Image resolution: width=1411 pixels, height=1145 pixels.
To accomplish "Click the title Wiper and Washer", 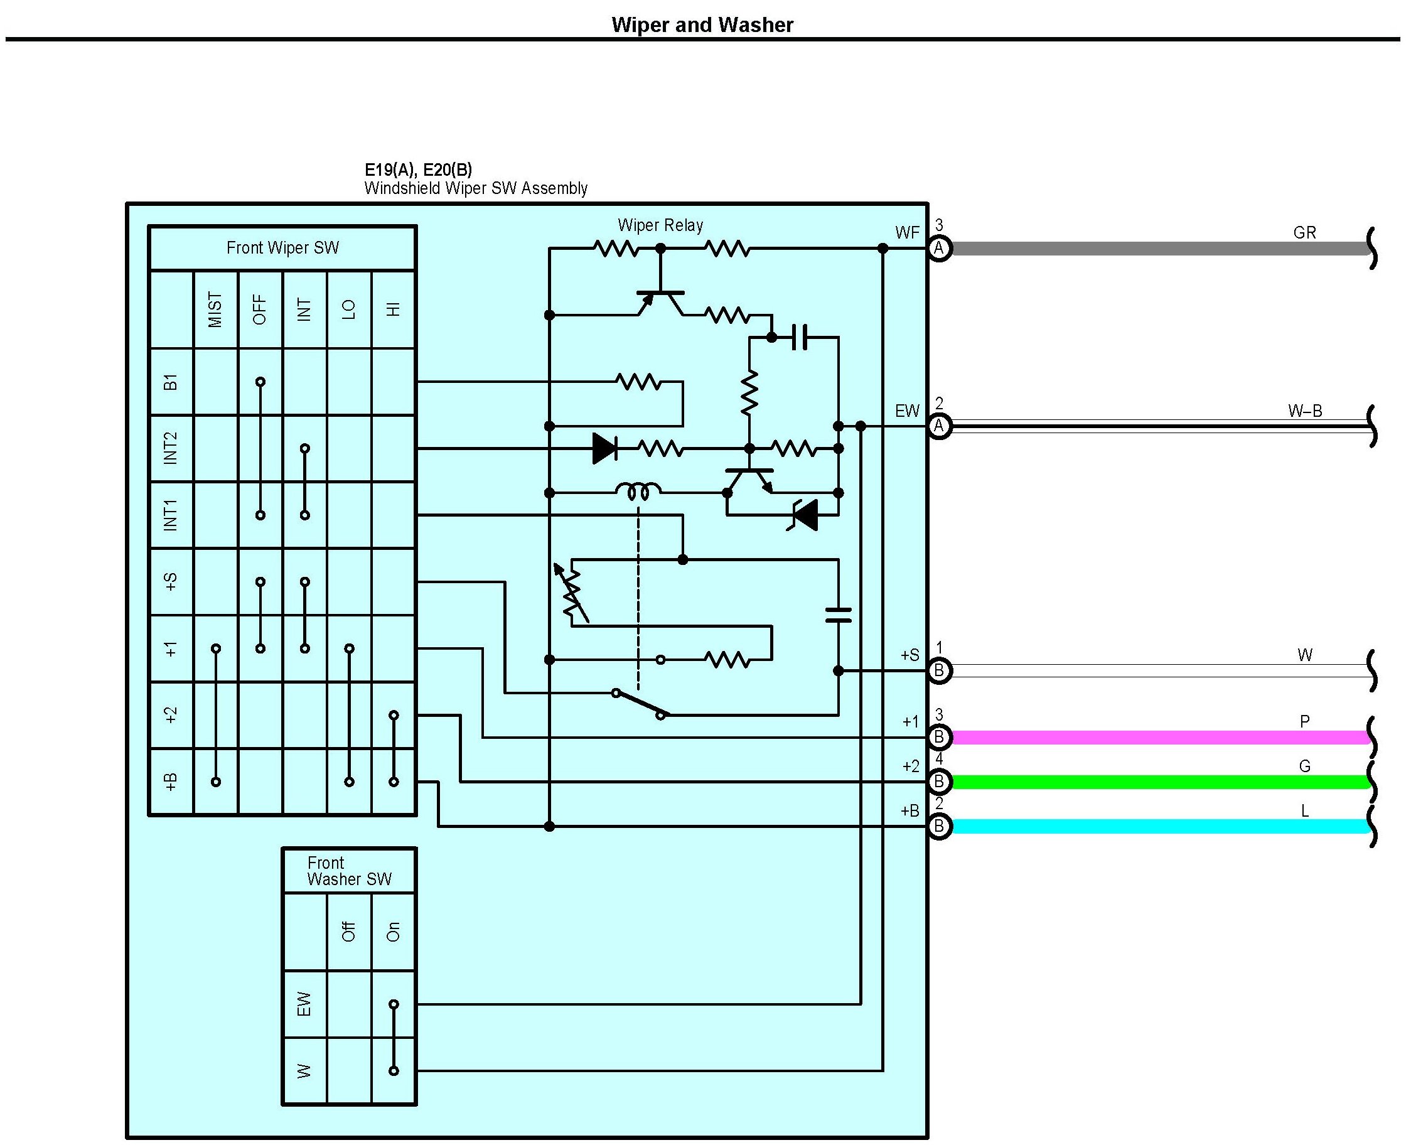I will click(702, 25).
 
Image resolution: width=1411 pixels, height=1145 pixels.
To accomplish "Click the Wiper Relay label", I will click(660, 225).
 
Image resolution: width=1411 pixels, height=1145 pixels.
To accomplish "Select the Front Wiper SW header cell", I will click(282, 248).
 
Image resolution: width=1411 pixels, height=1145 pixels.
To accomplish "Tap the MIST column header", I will click(216, 309).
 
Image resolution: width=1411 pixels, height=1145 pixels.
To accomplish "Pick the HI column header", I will click(394, 309).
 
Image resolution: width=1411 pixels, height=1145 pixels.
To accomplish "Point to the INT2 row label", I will click(171, 448).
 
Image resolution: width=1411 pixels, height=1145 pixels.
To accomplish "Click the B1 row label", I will click(171, 382).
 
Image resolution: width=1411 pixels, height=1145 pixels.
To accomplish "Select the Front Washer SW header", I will click(349, 871).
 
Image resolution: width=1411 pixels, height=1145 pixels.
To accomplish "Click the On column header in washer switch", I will click(394, 932).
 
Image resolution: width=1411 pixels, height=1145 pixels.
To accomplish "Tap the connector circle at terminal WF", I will click(939, 249).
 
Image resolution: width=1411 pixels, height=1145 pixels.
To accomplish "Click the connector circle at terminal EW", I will click(939, 426).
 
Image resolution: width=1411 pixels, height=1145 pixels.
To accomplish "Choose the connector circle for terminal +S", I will click(939, 671).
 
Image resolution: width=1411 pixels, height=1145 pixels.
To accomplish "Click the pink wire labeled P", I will click(1161, 738).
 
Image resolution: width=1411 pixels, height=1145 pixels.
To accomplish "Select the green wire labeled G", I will click(1161, 782).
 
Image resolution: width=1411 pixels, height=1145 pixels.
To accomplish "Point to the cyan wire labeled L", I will click(1161, 827).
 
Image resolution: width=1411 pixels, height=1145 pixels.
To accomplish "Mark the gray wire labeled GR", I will click(1161, 249).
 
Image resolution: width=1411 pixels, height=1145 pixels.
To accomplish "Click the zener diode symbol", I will click(805, 515).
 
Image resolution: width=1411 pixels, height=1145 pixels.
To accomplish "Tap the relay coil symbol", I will click(638, 492).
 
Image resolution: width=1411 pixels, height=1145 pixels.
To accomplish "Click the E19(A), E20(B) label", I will click(418, 170).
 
